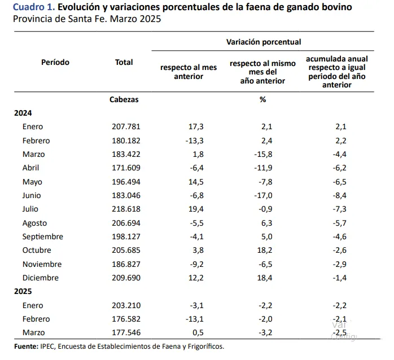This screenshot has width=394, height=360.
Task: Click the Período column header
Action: tap(55, 63)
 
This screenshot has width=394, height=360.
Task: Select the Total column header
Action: tap(124, 63)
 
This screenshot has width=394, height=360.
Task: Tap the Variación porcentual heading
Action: tap(263, 42)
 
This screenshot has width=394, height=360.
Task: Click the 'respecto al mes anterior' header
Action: tap(189, 72)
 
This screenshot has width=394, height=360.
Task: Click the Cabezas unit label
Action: tap(124, 99)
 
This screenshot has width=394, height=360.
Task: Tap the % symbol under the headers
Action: tap(262, 99)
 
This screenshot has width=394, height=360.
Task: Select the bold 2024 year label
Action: tap(23, 113)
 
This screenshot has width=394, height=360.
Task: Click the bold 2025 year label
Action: tap(23, 292)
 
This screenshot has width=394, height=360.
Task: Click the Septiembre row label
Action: tap(43, 237)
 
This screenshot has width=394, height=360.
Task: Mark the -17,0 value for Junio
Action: tap(264, 196)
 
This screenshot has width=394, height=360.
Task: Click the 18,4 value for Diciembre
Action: tap(265, 278)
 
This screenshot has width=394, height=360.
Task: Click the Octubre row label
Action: tap(37, 251)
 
